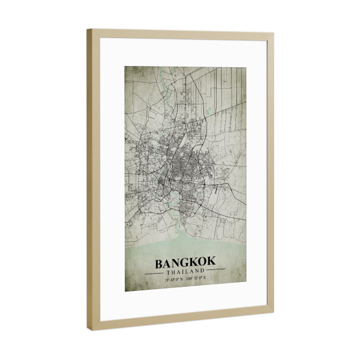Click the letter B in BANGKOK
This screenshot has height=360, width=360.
click(160, 263)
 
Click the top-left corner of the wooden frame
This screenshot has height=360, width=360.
click(88, 30)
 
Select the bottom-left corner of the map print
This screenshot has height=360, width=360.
click(125, 291)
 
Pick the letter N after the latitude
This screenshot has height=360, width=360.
click(182, 279)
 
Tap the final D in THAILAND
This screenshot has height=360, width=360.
click(203, 271)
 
